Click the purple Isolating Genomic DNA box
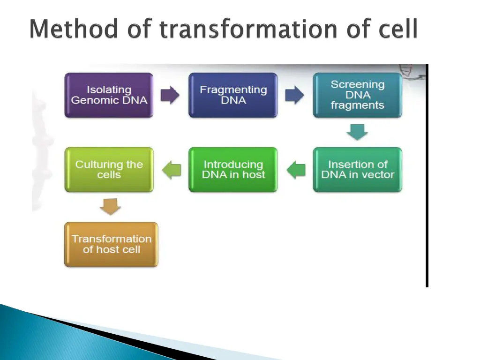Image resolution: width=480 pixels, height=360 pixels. pos(109,95)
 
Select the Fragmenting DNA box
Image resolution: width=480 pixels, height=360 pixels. pos(233,95)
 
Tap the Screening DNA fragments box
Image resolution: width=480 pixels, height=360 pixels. pos(357,95)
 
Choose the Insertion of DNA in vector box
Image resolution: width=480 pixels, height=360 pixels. pos(357,170)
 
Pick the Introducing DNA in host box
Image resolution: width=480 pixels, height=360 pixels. pos(233,170)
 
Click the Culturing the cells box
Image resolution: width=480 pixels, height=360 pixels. pos(109,170)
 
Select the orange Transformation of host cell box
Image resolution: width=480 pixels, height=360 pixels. pos(111,244)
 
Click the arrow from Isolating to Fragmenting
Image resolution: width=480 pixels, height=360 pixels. pos(170,95)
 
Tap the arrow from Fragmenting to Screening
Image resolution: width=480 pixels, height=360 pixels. pos(294,95)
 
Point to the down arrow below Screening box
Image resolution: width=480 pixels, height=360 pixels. pos(357,132)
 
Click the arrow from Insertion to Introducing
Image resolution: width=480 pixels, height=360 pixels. pos(296,170)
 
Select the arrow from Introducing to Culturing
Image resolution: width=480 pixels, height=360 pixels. pos(172,170)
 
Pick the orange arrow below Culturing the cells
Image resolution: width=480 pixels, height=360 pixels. pos(110,207)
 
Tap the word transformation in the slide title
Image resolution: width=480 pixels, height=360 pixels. pos(248,29)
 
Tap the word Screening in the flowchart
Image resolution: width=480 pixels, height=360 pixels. pos(358,84)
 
